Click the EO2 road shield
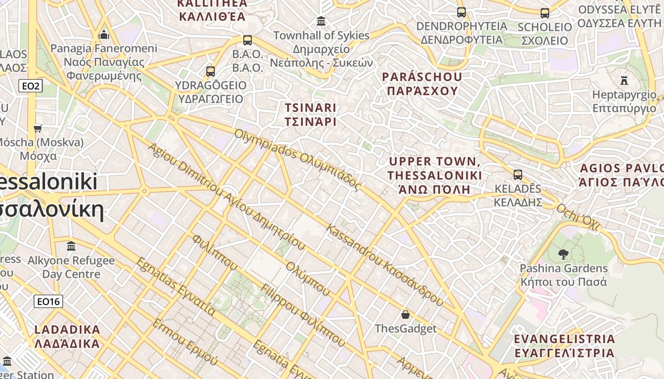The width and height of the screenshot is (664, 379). click(31, 86)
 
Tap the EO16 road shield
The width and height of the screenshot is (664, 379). click(48, 301)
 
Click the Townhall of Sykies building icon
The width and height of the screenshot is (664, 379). click(321, 21)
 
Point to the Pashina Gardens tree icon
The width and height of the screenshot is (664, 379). click(563, 254)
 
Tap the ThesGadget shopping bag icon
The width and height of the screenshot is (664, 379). click(406, 315)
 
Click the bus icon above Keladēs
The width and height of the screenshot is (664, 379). click(518, 175)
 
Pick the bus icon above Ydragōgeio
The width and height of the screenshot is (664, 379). click(211, 72)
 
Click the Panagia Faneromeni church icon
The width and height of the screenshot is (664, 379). click(104, 35)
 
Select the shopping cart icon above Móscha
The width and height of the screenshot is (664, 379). click(38, 128)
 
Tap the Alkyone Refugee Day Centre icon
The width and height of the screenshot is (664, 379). click(71, 246)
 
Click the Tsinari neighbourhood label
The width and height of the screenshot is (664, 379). click(311, 114)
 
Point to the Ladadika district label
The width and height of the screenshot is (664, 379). click(67, 336)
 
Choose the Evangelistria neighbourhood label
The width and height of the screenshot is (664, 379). click(564, 346)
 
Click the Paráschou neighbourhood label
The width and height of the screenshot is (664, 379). click(422, 83)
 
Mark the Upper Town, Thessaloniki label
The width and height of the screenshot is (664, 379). click(434, 175)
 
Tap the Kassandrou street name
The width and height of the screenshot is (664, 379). click(385, 265)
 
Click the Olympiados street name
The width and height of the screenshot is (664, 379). click(297, 160)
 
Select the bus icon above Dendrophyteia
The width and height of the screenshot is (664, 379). click(461, 12)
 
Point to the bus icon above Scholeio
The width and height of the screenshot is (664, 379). click(545, 13)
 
